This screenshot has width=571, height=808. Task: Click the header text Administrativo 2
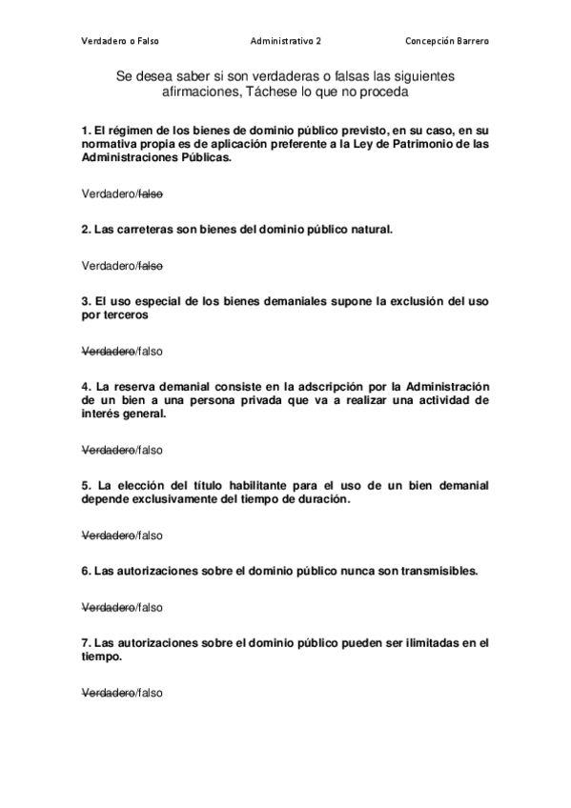pyautogui.click(x=285, y=41)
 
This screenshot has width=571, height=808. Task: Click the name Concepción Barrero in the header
pyautogui.click(x=446, y=41)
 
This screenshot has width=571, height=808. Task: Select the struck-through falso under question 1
pyautogui.click(x=151, y=193)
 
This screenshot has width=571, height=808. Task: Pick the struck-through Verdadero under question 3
pyautogui.click(x=108, y=351)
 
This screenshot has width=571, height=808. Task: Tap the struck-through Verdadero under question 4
pyautogui.click(x=108, y=450)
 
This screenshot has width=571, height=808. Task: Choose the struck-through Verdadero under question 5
pyautogui.click(x=108, y=535)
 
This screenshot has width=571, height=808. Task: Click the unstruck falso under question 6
pyautogui.click(x=151, y=607)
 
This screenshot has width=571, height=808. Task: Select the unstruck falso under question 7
pyautogui.click(x=151, y=693)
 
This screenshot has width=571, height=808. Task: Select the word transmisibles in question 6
pyautogui.click(x=430, y=572)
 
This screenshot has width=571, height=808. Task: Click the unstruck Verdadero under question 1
pyautogui.click(x=108, y=193)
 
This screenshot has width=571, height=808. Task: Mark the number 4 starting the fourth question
pyautogui.click(x=86, y=387)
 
